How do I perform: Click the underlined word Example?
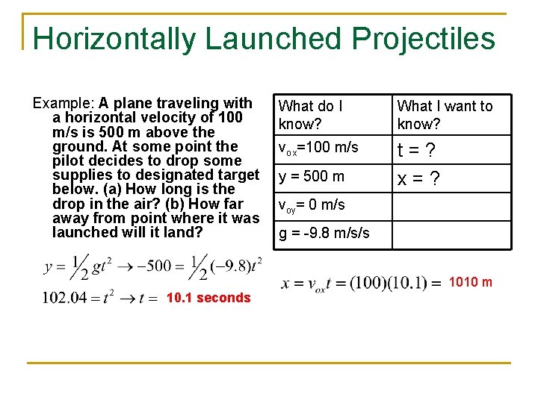point(63,103)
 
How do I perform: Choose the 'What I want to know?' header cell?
point(445,114)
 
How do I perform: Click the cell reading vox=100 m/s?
point(318,149)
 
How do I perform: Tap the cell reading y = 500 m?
point(312,177)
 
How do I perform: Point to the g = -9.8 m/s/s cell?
point(324,233)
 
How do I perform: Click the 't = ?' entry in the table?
point(416,150)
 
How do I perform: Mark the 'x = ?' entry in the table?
point(418,178)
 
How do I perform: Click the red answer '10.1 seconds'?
point(208,298)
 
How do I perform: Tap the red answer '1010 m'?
point(470,282)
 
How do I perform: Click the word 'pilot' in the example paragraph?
point(68,160)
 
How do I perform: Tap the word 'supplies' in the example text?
point(78,175)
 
